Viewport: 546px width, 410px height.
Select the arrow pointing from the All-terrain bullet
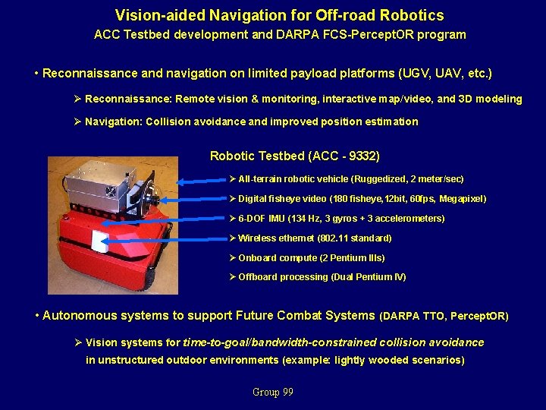(x=200, y=181)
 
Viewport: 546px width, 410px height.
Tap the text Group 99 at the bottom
(x=272, y=393)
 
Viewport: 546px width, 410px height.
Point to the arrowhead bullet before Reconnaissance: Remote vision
(x=77, y=99)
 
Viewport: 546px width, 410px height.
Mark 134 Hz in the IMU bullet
(x=303, y=219)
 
